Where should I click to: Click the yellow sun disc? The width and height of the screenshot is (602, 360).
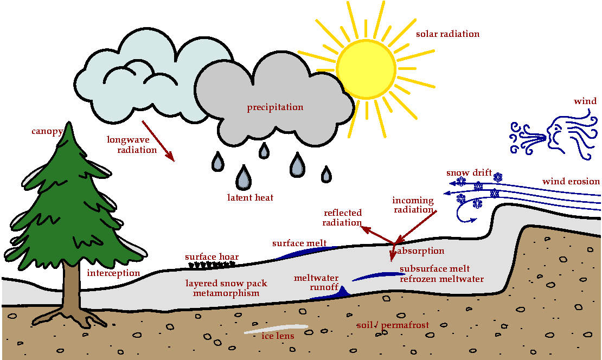366,69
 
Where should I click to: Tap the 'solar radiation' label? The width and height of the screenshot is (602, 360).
447,34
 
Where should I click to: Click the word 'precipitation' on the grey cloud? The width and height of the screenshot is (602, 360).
275,107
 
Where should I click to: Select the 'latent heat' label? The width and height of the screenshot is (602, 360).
250,198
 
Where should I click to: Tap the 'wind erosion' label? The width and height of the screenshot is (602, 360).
571,181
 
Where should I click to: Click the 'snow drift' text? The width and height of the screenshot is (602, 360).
469,173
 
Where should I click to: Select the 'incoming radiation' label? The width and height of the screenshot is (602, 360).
413,205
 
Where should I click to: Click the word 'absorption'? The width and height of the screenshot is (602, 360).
421,251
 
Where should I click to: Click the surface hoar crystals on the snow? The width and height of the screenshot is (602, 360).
212,265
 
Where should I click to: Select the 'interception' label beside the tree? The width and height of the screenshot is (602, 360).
113,273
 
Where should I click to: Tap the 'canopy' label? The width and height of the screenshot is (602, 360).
47,131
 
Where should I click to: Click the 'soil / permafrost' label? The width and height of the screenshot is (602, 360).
393,325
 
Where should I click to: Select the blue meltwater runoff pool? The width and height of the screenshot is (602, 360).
331,294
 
